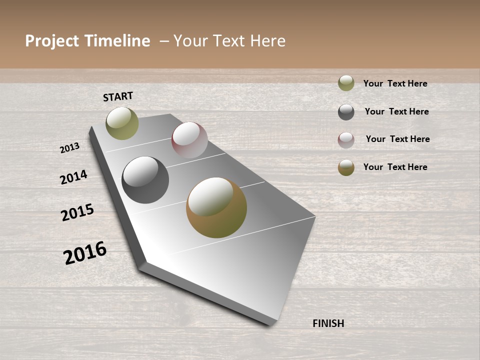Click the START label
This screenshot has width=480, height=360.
click(118, 96)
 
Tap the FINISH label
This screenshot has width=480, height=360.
click(328, 323)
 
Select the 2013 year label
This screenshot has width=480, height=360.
click(70, 147)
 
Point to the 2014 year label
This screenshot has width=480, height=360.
click(73, 177)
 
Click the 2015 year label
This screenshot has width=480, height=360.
click(77, 212)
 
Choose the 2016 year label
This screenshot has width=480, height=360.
click(85, 252)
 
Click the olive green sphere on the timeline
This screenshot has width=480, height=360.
click(122, 123)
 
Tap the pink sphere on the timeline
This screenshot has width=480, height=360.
click(189, 140)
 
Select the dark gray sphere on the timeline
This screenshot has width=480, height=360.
click(145, 180)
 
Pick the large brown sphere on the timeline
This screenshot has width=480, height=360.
click(216, 207)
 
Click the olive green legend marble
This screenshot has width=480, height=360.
click(346, 83)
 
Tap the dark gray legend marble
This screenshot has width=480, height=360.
click(346, 112)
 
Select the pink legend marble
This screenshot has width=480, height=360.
click(346, 140)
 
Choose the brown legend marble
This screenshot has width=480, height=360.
click(346, 167)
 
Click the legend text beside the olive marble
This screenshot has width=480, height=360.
click(395, 83)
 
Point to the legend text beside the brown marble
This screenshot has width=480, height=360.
click(395, 167)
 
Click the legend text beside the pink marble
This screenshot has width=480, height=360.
click(397, 139)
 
